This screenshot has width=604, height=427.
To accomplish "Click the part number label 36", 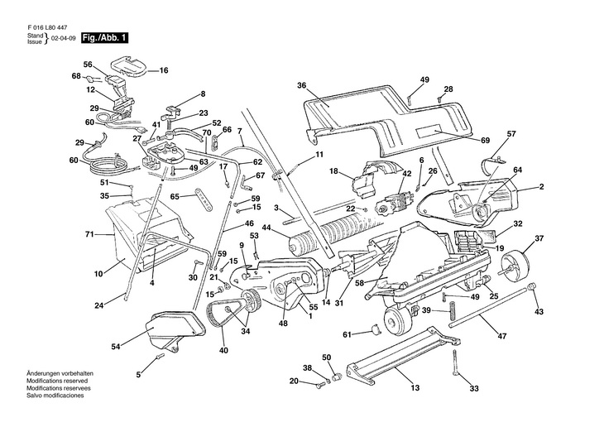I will (x=302, y=85).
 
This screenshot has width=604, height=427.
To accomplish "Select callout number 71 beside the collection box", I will (x=90, y=235).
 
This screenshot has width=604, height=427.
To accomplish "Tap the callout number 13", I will (x=415, y=388).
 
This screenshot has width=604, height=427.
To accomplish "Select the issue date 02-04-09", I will (x=64, y=39).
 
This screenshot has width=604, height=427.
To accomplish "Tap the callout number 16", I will (x=163, y=70).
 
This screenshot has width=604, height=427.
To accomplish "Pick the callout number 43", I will (x=539, y=312).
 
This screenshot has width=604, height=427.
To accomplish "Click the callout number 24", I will (x=98, y=306).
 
